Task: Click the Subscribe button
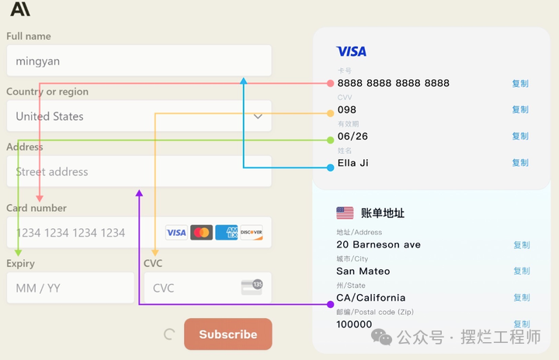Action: coord(227,334)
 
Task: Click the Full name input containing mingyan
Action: coord(139,61)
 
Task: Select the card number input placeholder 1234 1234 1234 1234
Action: coord(71,233)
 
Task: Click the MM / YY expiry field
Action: coord(70,288)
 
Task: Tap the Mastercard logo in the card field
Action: coord(201,233)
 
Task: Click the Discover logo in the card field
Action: coord(251,233)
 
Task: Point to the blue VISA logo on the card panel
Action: coord(351,51)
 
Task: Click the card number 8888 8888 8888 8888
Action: coord(393,83)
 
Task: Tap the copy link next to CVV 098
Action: coord(519,109)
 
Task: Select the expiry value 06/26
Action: coord(352,136)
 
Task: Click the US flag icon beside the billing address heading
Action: coord(345,213)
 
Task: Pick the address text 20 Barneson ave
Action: coord(378,244)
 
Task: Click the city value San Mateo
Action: coord(363,271)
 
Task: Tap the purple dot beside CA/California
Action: coord(331,303)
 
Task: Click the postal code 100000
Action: coord(354,324)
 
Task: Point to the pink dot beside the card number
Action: coord(331,83)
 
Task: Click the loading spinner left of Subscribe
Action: coord(169,334)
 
